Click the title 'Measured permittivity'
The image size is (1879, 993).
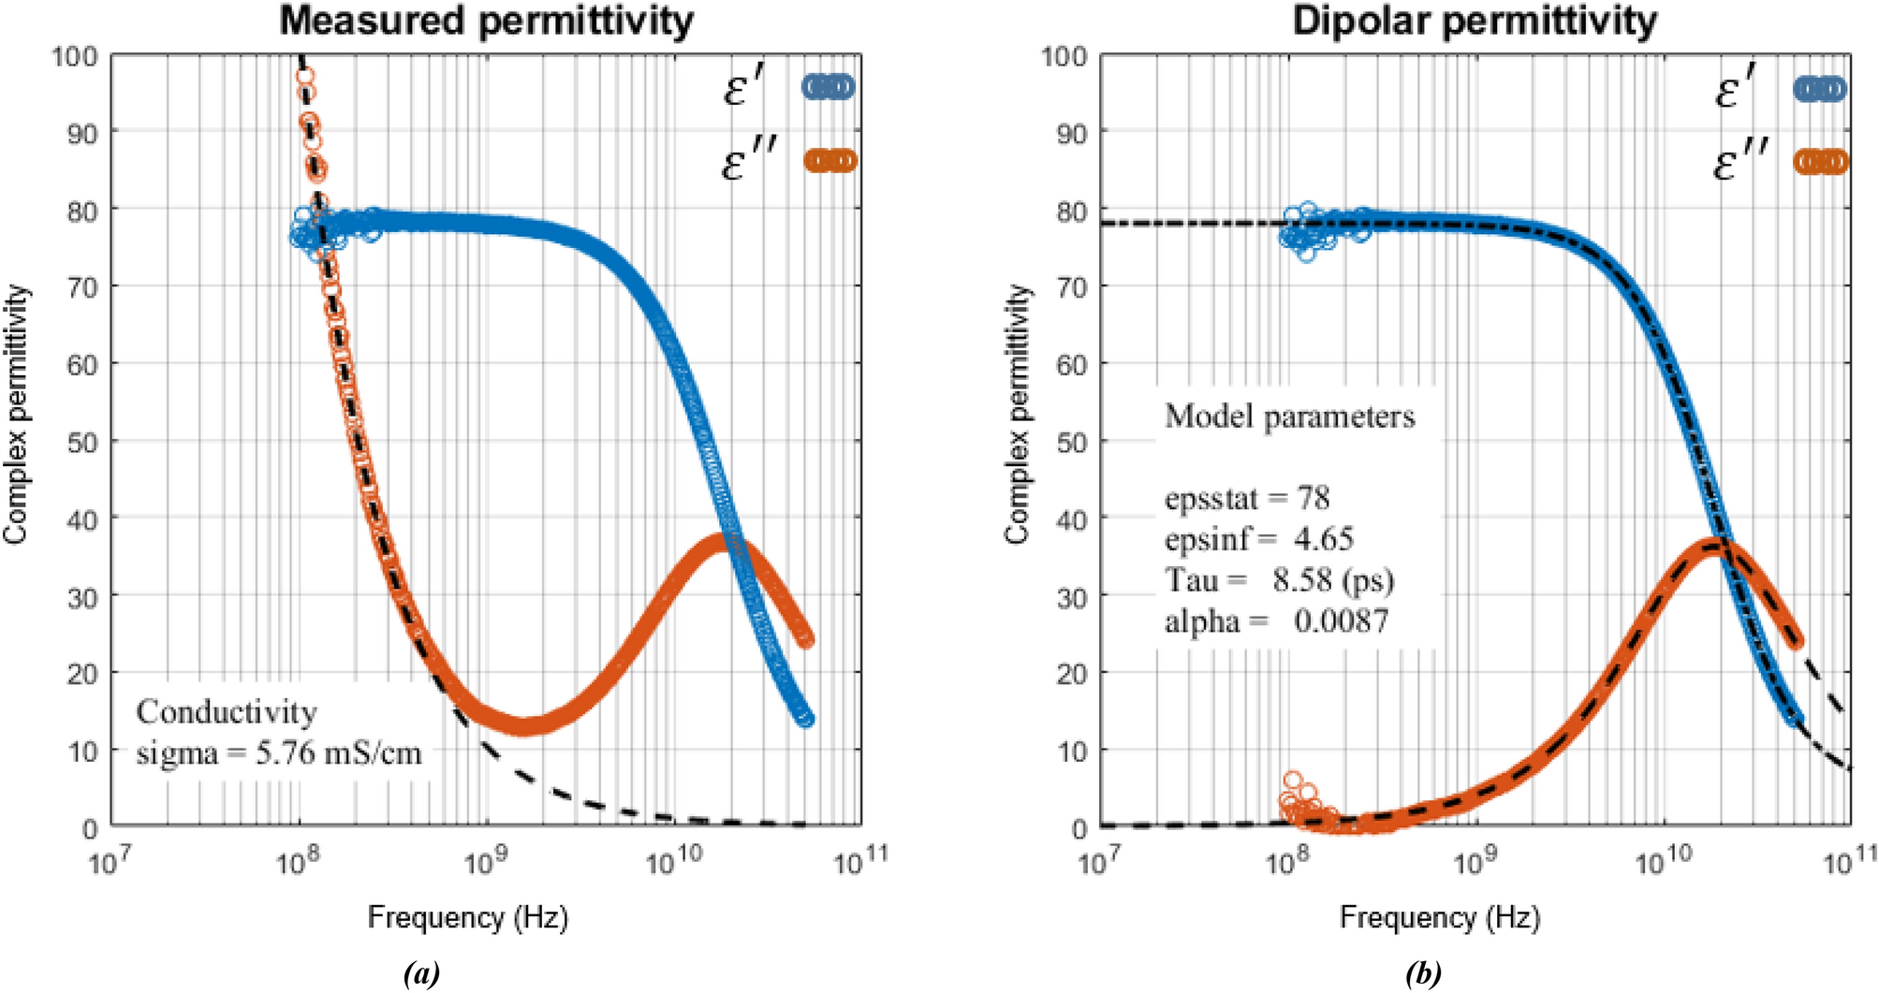(486, 21)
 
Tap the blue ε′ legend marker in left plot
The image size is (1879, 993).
(828, 87)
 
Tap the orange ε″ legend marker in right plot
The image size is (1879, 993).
(1820, 162)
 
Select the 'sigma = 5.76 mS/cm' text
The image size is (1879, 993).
(279, 752)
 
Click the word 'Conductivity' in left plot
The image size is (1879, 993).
(227, 712)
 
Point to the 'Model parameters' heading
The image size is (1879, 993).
(1289, 416)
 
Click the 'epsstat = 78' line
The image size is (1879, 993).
(1246, 499)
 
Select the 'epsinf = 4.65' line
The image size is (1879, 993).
(1258, 539)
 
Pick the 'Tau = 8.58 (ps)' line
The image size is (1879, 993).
(1279, 580)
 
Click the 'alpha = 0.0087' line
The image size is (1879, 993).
(1276, 621)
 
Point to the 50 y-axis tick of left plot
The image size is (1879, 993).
(82, 442)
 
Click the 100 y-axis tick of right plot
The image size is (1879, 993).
(1065, 57)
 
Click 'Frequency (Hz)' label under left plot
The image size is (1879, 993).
(467, 917)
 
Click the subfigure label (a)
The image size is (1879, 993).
(421, 974)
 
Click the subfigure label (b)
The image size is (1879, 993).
(1423, 974)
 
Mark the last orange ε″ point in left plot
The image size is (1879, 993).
(805, 639)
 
